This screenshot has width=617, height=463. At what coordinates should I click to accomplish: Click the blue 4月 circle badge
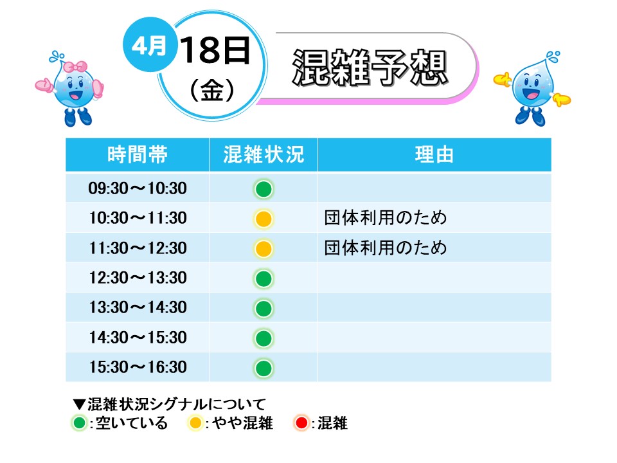[149, 44]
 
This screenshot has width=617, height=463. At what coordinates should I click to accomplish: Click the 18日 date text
[215, 50]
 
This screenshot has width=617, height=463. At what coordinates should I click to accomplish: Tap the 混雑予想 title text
[370, 68]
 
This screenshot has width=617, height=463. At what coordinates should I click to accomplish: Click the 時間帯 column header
[138, 154]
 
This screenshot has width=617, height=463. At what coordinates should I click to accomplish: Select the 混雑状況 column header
[264, 154]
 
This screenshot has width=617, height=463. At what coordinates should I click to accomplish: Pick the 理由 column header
[434, 154]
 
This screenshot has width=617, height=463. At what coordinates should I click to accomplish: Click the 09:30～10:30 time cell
[138, 188]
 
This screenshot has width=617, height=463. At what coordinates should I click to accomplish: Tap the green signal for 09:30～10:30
[264, 189]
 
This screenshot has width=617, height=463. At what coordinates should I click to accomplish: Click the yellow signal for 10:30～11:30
[264, 219]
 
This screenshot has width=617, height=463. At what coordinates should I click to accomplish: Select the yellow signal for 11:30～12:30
[264, 249]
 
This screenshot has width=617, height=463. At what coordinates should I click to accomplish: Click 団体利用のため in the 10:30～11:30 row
[386, 218]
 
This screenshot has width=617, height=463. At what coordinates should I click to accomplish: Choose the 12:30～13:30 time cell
[138, 278]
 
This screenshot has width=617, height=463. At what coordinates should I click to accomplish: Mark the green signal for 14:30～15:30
[264, 338]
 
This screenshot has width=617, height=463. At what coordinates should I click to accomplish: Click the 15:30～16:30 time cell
[138, 367]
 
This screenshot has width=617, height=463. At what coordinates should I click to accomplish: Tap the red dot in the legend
[302, 423]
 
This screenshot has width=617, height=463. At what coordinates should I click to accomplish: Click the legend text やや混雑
[242, 423]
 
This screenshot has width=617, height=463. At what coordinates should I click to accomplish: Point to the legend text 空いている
[132, 423]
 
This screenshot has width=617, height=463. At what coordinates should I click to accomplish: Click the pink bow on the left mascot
[75, 66]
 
